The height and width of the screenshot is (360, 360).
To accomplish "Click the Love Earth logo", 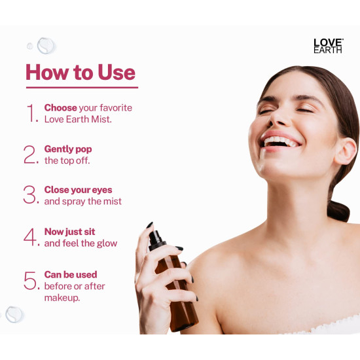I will [327, 45].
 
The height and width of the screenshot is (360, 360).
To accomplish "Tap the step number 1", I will [31, 113].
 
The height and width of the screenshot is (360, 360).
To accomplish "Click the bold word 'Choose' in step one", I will [60, 107].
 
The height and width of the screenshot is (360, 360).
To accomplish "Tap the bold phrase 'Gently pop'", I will [68, 149].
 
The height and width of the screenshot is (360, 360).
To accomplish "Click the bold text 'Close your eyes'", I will [78, 190].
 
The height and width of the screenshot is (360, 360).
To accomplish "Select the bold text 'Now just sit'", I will [69, 232].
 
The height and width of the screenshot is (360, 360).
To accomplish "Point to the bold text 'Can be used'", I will [71, 274].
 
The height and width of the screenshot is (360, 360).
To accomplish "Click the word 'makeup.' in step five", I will [63, 298].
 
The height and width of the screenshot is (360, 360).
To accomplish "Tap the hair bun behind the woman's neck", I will [339, 210].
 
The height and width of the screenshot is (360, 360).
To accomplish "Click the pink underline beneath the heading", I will [82, 87].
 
